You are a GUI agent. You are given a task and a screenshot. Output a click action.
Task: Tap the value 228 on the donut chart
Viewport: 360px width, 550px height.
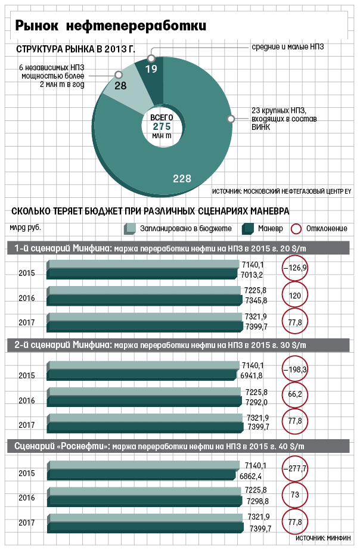(x=182, y=179)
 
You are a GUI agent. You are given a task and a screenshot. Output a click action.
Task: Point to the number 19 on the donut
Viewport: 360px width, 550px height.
(x=151, y=69)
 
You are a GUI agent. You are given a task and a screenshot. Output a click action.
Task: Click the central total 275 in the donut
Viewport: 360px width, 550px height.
(x=162, y=127)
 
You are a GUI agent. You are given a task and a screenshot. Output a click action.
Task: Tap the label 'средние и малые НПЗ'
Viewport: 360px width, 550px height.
(x=287, y=46)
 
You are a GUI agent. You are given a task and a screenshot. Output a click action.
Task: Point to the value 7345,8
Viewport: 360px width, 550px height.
(x=256, y=302)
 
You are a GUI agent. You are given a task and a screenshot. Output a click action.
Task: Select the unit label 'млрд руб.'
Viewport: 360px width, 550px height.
(x=25, y=227)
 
